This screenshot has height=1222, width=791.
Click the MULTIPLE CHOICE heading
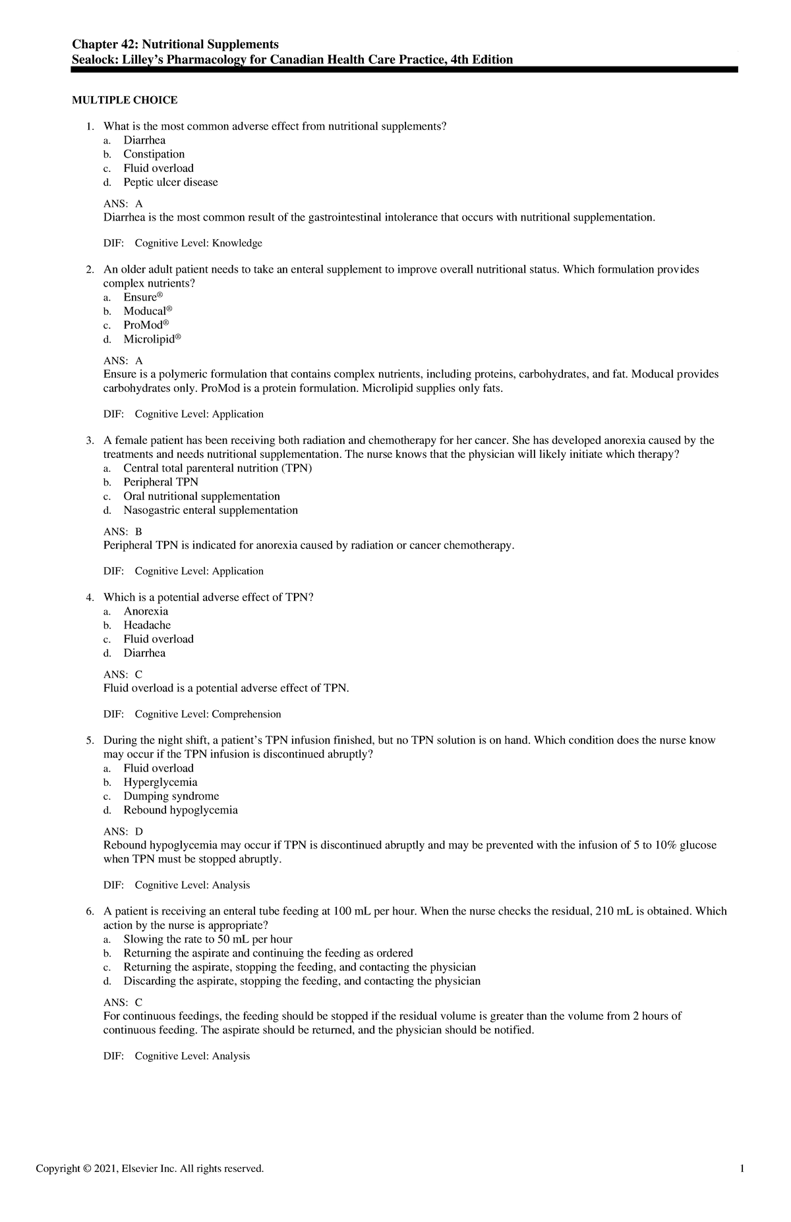125,100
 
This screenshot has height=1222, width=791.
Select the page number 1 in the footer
742,1169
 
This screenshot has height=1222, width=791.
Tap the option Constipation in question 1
154,154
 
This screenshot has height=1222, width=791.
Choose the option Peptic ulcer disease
170,182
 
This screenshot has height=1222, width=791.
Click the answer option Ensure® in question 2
142,297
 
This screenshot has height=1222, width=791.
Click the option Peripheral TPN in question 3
160,482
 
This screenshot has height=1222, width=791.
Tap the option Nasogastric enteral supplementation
210,510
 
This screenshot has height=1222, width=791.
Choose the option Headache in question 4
147,625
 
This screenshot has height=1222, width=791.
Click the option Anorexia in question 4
146,611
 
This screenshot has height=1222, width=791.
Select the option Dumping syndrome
171,796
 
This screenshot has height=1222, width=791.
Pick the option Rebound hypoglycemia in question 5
180,810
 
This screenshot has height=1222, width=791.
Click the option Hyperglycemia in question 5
160,782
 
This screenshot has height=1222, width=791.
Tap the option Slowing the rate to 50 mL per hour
208,939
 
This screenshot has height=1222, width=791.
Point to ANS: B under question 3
123,532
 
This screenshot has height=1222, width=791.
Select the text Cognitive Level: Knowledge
198,243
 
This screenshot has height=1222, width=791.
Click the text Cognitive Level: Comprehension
208,714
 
